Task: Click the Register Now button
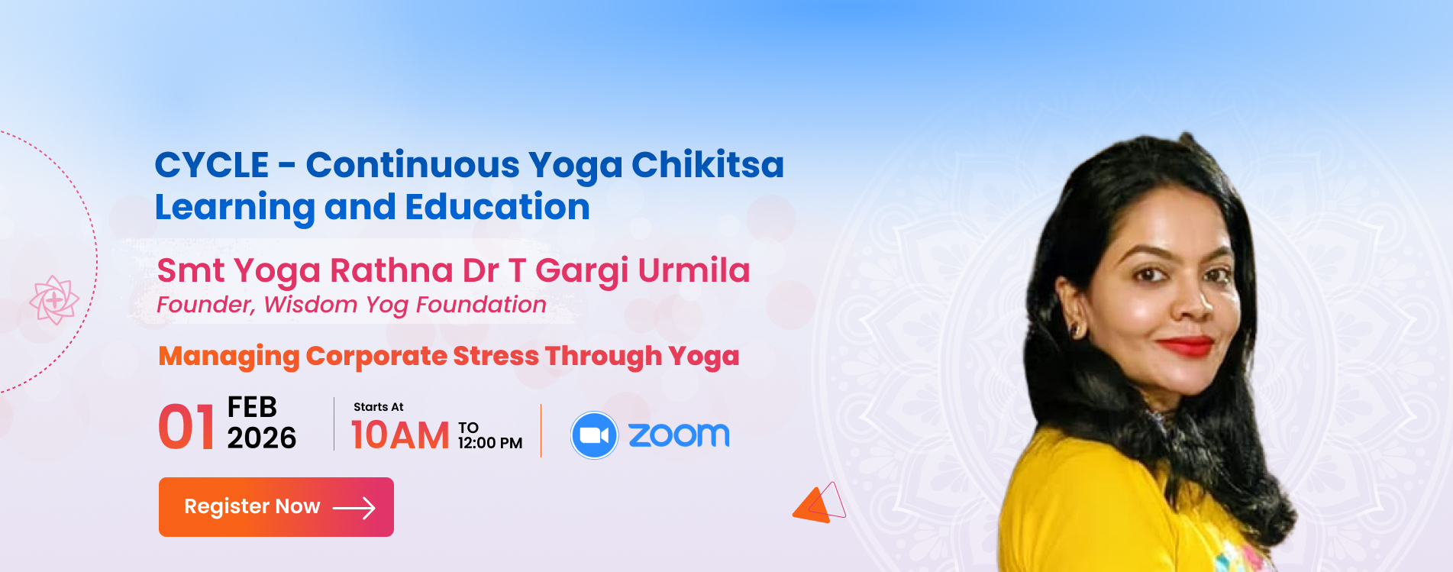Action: tap(276, 507)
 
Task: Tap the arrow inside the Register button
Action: tap(354, 508)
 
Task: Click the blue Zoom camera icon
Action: tap(594, 435)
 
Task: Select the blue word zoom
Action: tap(679, 435)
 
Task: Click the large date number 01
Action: tap(186, 427)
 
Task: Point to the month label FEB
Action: tap(252, 407)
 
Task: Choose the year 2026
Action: tap(262, 438)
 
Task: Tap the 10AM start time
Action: tap(400, 435)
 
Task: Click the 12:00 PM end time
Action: tap(490, 443)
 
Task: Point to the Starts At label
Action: tap(379, 407)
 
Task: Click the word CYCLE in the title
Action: tap(211, 165)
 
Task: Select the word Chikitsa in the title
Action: tap(708, 165)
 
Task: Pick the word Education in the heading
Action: tap(498, 207)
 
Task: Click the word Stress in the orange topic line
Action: tap(496, 356)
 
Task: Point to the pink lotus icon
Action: tap(54, 300)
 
